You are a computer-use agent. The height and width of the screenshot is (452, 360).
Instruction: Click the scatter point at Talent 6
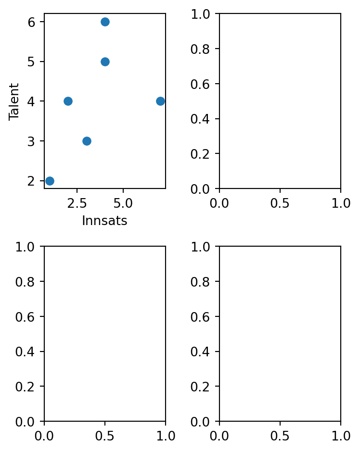[x=105, y=22]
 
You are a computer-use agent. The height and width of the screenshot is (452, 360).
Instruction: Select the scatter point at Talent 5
[x=105, y=62]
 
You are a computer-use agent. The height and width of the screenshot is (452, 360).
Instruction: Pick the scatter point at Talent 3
[x=87, y=141]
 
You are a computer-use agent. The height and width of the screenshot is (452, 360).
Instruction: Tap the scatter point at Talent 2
[x=50, y=181]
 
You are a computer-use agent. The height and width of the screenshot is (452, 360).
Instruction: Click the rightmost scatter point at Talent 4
[x=160, y=101]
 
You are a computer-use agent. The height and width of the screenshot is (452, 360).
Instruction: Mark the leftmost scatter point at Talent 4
[x=68, y=101]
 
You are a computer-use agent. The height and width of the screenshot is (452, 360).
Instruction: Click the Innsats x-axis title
[x=104, y=221]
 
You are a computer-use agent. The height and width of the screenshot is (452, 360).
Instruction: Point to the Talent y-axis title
[x=14, y=101]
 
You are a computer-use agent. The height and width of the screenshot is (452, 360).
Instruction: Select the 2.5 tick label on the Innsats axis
[x=77, y=203]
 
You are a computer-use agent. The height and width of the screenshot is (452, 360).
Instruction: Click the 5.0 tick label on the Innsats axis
[x=123, y=203]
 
